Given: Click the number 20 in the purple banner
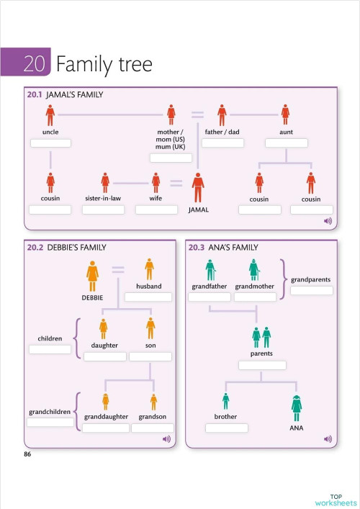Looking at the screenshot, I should (34, 64).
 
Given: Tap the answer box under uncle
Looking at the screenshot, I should (50, 143).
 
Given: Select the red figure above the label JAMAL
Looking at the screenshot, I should (198, 188).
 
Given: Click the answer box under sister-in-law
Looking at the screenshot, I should (103, 210).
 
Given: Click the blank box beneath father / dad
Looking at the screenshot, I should (222, 143).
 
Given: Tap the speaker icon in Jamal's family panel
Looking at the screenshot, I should (328, 221).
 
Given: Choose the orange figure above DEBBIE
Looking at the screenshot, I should (93, 276).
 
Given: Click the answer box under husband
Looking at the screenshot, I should (148, 297).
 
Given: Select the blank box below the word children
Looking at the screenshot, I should (50, 349).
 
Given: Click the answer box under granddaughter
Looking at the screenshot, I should (105, 428).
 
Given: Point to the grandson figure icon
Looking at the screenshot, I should (153, 402).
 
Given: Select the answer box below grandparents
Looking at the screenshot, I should (311, 290).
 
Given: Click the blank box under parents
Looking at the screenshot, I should (261, 365).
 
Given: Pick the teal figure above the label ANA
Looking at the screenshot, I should (296, 408).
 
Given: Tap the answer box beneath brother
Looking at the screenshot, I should (226, 428).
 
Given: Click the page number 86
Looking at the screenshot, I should (27, 454).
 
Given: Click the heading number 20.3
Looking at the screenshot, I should (197, 248).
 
